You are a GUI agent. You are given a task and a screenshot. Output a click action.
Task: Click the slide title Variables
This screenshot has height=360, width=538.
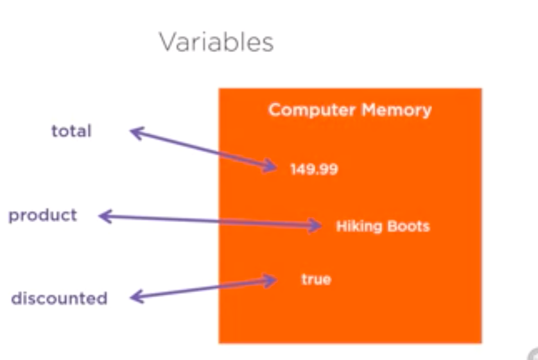(x=216, y=42)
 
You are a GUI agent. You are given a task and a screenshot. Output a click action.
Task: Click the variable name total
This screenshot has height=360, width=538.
(x=71, y=131)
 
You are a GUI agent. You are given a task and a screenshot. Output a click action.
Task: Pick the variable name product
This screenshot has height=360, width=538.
(x=42, y=214)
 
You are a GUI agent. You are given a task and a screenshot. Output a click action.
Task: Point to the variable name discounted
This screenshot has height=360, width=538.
(x=59, y=298)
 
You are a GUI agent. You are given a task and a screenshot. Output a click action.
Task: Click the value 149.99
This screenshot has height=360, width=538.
(x=314, y=169)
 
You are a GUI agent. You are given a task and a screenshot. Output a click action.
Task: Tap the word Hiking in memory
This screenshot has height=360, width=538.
(x=358, y=227)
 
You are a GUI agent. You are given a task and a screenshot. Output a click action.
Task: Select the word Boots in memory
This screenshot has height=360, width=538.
(x=409, y=227)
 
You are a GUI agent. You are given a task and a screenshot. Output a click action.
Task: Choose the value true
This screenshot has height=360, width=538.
(x=316, y=280)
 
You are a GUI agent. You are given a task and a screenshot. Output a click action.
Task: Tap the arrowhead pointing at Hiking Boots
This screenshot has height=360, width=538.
(x=317, y=225)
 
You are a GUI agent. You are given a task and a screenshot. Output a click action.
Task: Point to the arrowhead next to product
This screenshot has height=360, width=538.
(x=104, y=217)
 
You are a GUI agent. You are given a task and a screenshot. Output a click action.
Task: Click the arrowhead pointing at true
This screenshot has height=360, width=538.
(x=270, y=280)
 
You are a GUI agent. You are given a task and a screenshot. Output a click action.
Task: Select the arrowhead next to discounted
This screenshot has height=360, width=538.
(x=135, y=296)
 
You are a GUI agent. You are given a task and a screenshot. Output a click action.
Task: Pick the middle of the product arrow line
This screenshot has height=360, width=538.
(x=210, y=221)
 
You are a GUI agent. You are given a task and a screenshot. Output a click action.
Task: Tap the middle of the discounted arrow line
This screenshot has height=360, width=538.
(x=202, y=288)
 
